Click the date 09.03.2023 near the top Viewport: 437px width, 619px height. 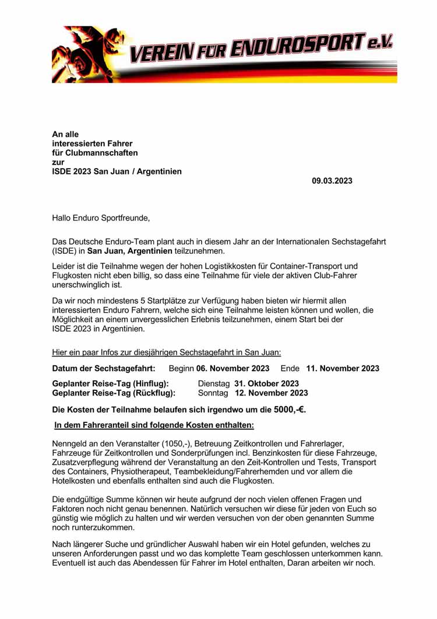pyautogui.click(x=332, y=181)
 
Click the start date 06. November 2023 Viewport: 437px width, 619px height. pyautogui.click(x=232, y=368)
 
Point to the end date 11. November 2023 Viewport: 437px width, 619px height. pyautogui.click(x=343, y=368)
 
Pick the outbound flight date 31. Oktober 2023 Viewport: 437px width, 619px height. pyautogui.click(x=266, y=383)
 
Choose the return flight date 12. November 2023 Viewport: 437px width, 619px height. pyautogui.click(x=271, y=393)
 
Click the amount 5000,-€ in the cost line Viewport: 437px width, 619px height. pyautogui.click(x=290, y=410)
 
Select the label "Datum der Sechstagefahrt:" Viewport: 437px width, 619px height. pyautogui.click(x=104, y=368)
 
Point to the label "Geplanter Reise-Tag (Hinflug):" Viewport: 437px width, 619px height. pyautogui.click(x=111, y=383)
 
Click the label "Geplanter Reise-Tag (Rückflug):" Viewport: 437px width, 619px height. pyautogui.click(x=114, y=393)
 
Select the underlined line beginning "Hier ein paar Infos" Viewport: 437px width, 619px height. pyautogui.click(x=167, y=352)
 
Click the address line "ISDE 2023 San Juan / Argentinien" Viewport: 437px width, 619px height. pyautogui.click(x=117, y=172)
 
